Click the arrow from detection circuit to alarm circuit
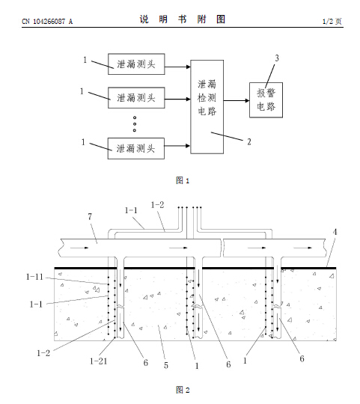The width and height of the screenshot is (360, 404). point(237,100)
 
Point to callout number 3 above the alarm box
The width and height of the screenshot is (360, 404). point(277,58)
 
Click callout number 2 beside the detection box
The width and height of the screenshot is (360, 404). point(249,141)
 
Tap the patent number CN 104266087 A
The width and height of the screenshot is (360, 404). point(47,22)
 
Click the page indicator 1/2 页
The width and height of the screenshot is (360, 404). point(332,21)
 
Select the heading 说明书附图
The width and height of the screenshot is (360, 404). point(183,19)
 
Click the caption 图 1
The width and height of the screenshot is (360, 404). point(183,180)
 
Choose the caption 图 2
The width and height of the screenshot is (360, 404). point(183,390)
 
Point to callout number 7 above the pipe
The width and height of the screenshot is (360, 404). point(90,217)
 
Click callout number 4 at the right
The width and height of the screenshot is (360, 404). point(335,232)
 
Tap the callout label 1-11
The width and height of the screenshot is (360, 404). point(34,277)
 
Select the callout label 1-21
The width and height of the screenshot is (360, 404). point(99,361)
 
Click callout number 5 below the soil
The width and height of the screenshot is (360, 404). point(166,365)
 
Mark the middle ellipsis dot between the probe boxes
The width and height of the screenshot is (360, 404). point(135,124)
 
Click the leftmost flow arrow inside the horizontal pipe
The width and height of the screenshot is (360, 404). point(79,248)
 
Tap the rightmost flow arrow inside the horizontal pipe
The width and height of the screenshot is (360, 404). point(303,248)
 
